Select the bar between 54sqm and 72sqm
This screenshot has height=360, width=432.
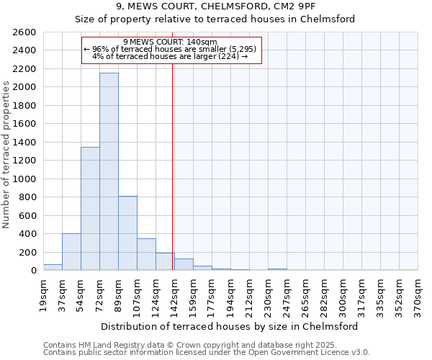(x=90, y=209)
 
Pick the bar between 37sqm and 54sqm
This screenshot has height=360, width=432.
(x=71, y=252)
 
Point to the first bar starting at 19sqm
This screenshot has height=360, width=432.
(x=53, y=267)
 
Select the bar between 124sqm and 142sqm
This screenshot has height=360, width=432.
(x=165, y=261)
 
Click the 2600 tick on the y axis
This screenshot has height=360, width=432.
(x=24, y=32)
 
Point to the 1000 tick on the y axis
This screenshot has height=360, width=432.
(x=24, y=179)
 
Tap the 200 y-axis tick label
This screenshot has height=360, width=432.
(x=27, y=252)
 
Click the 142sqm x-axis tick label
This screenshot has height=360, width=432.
(x=174, y=293)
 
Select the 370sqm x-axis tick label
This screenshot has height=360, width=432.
(x=418, y=293)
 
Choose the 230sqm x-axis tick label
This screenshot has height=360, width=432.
(x=268, y=293)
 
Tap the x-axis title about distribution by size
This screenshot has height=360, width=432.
(x=230, y=326)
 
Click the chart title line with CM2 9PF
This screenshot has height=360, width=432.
(x=215, y=7)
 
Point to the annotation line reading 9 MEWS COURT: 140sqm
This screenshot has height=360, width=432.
(x=170, y=42)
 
